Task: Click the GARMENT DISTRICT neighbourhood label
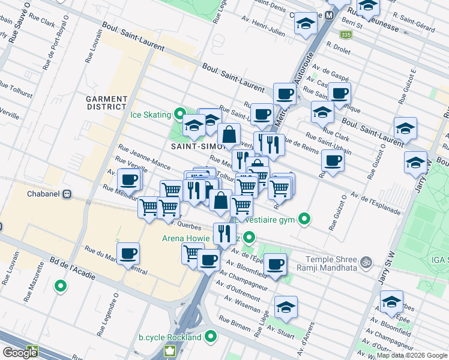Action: point(106,103)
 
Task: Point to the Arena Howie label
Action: point(186,238)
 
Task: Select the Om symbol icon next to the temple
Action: point(364,262)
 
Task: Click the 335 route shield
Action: point(345,35)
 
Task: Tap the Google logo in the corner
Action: point(19,352)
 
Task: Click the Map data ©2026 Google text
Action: point(411,355)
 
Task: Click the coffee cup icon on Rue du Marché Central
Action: point(128,254)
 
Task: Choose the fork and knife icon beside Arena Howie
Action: point(224,233)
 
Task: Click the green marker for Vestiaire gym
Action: point(305,220)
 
